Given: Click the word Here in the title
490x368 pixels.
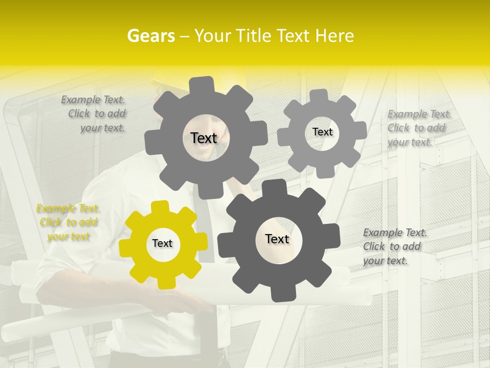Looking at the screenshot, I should pos(334,36).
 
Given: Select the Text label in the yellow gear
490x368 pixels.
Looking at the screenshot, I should pos(162,244).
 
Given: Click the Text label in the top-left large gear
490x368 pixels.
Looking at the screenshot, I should pos(204,138).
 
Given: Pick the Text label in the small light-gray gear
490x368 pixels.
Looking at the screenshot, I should pos(322,132).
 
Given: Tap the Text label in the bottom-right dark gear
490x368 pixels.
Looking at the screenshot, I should pos(277,239).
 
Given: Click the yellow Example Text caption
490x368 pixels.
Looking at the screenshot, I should pos(68,222).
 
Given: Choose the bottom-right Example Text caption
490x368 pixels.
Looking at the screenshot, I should pos(394,246).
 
